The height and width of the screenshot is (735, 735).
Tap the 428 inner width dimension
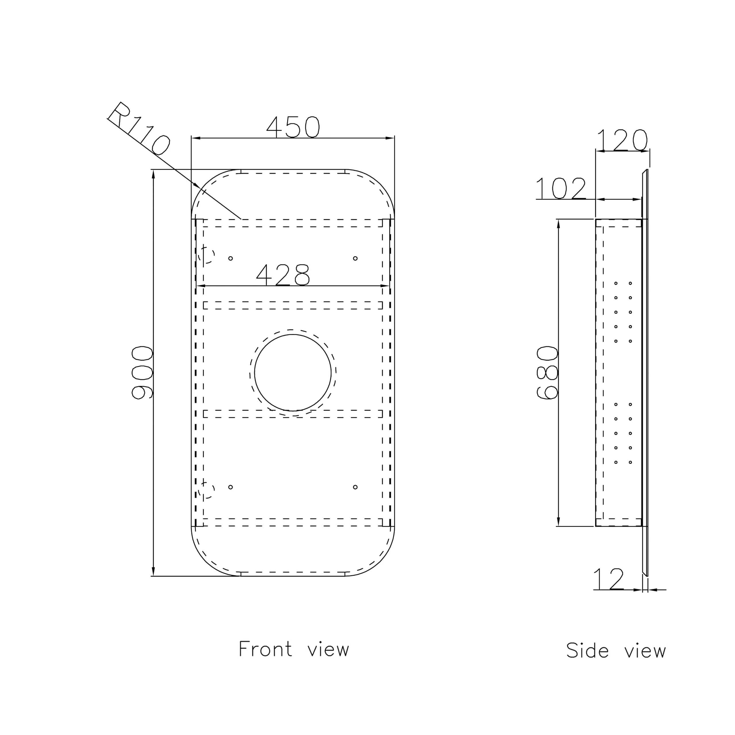283,275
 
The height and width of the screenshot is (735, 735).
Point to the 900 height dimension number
142,373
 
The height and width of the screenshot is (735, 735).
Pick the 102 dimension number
561,188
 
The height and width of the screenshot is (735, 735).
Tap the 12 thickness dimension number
609,579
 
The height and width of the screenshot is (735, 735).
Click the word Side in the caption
587,650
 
